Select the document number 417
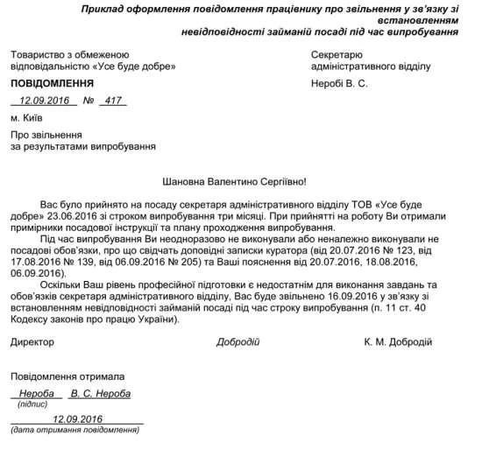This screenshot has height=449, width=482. [111, 101]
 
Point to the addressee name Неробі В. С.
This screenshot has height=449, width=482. [341, 83]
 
